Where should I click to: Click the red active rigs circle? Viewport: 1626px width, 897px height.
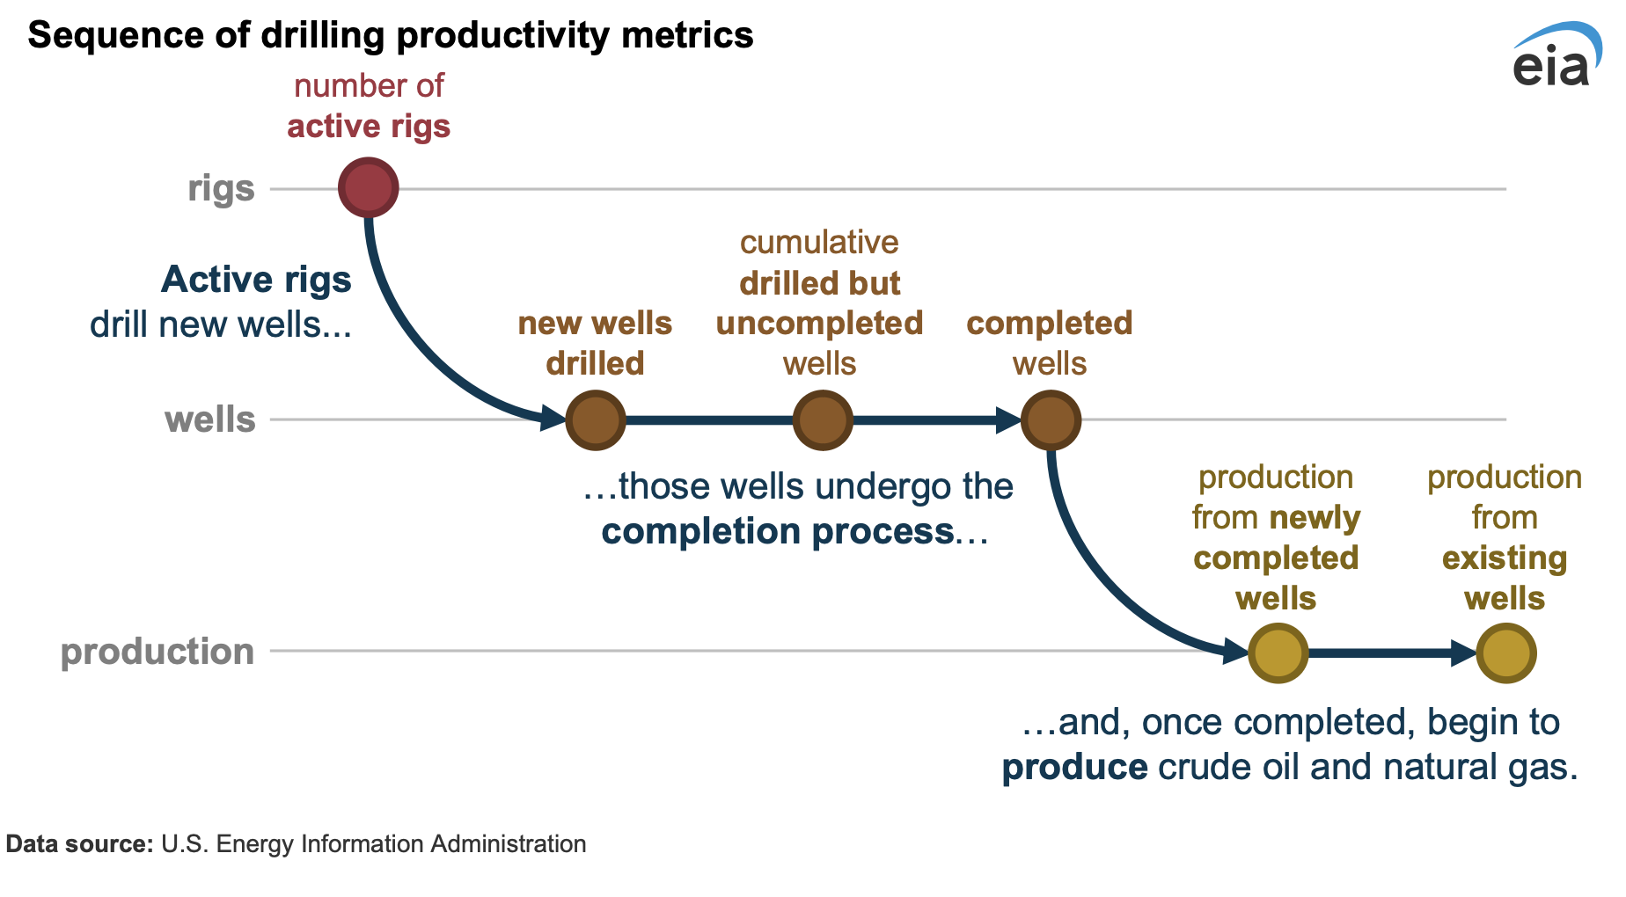pyautogui.click(x=369, y=187)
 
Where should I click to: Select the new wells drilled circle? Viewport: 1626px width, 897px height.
pyautogui.click(x=596, y=420)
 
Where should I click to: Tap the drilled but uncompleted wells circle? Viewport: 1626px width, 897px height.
pyautogui.click(x=823, y=420)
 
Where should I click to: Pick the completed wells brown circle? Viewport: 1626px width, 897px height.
pyautogui.click(x=1051, y=420)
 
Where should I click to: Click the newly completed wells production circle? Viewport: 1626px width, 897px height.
pyautogui.click(x=1278, y=653)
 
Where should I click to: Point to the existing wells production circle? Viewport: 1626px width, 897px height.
pyautogui.click(x=1505, y=653)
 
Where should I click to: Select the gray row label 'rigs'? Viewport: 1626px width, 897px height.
pyautogui.click(x=221, y=188)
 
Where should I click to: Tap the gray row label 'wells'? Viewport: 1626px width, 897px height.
pyautogui.click(x=209, y=419)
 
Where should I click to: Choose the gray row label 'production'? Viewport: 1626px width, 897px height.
pyautogui.click(x=157, y=652)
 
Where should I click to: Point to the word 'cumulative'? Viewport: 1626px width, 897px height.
pyautogui.click(x=819, y=242)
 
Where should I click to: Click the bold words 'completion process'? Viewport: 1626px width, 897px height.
pyautogui.click(x=777, y=531)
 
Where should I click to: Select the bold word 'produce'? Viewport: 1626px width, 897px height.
pyautogui.click(x=1074, y=767)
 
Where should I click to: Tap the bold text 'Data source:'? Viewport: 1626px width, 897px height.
pyautogui.click(x=80, y=844)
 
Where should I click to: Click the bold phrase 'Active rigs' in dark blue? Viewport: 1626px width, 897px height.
pyautogui.click(x=256, y=280)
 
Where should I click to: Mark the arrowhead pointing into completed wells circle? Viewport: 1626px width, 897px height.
pyautogui.click(x=1008, y=420)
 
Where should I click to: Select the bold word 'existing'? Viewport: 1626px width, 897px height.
pyautogui.click(x=1505, y=558)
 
